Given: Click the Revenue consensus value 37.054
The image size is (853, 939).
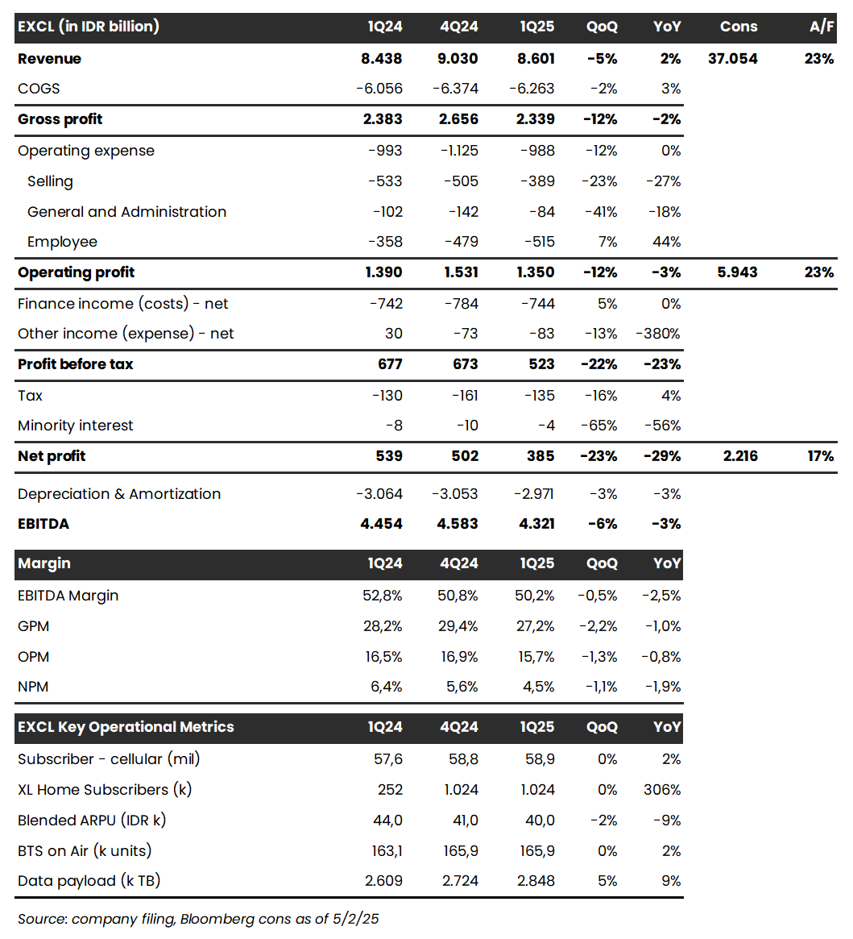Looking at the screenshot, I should [x=732, y=59].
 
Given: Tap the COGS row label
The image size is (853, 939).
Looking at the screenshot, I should [x=39, y=89].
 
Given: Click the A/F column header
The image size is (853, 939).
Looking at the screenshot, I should [x=821, y=27].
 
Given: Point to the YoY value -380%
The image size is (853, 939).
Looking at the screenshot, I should [x=658, y=334].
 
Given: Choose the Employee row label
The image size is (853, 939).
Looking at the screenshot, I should [x=62, y=242].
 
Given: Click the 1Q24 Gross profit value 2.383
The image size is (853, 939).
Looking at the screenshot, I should [x=383, y=119].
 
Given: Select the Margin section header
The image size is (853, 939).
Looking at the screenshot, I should [x=44, y=563].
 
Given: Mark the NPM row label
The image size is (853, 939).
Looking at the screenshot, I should [x=33, y=687].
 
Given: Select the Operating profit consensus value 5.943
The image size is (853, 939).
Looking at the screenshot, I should [x=737, y=272].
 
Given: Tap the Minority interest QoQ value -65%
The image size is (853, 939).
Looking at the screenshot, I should [x=600, y=426].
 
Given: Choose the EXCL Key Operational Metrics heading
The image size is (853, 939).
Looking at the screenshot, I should [x=126, y=727].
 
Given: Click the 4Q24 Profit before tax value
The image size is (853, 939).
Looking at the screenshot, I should [x=462, y=364].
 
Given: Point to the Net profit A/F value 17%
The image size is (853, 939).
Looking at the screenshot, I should [x=820, y=456].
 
